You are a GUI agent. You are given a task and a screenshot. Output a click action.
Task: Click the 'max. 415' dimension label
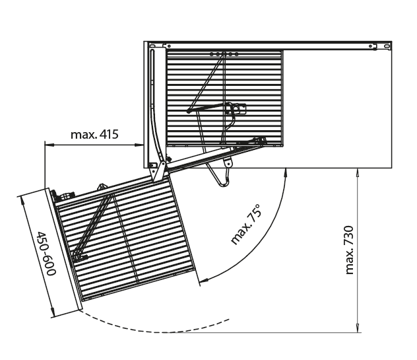94,135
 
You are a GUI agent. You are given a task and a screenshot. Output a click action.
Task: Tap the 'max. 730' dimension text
349,250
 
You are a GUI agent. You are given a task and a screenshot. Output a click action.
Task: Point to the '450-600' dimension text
46,253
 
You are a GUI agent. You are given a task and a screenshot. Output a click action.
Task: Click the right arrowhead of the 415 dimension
139,145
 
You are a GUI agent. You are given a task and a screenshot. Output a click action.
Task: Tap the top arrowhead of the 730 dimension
358,173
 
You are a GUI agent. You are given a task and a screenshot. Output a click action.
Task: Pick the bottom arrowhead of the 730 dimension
358,328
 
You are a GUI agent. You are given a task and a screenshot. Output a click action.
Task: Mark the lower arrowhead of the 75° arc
204,280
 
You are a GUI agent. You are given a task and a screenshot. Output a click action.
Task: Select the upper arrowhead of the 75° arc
286,172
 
